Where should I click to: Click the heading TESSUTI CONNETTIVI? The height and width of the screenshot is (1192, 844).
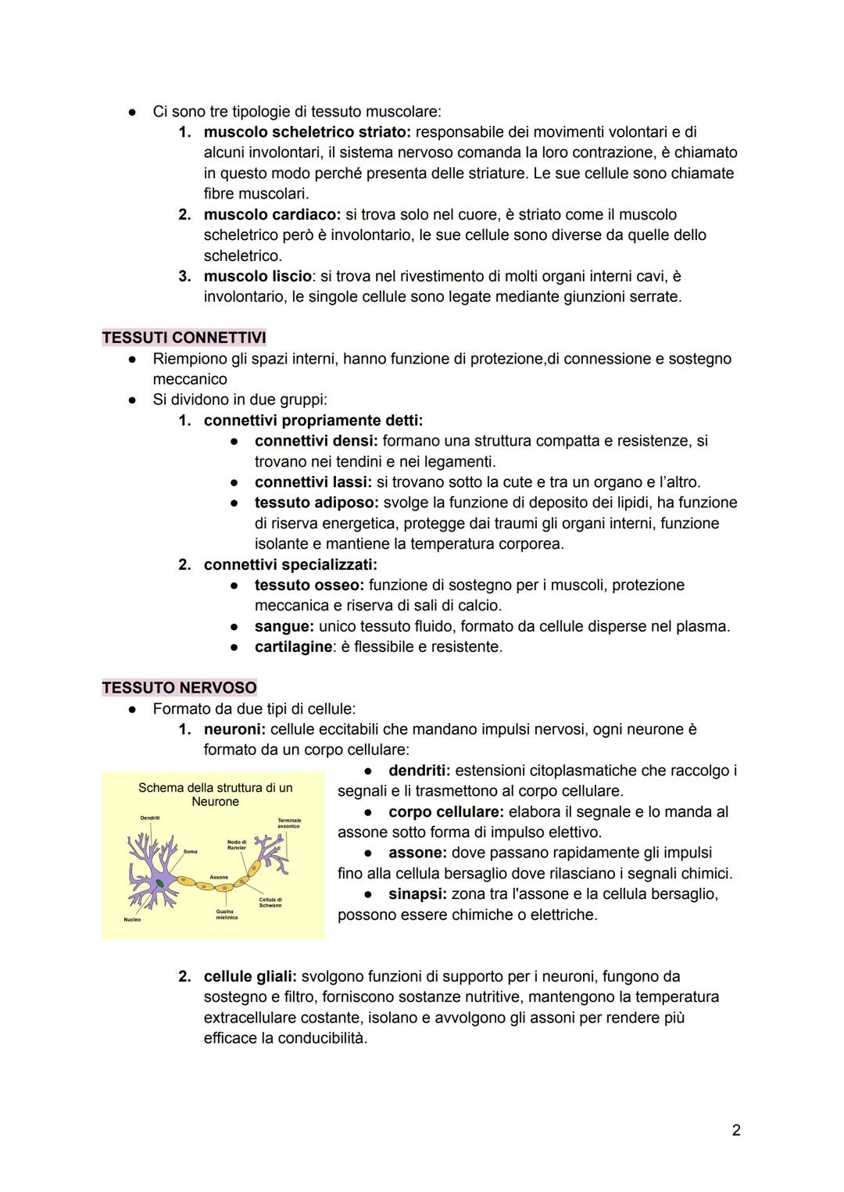point(184,338)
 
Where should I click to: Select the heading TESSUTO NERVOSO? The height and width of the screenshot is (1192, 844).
point(179,688)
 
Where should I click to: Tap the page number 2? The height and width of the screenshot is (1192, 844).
point(736,1129)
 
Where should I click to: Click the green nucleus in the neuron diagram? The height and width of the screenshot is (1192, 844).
point(160,882)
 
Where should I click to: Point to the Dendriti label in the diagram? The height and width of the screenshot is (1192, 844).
point(150,818)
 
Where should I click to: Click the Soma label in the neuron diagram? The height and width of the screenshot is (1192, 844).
point(191,851)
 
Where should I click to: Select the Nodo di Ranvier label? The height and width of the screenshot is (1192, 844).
point(236,844)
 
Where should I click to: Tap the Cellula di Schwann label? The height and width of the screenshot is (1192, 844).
point(270,902)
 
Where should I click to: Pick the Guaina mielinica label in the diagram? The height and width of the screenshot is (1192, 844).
point(227,914)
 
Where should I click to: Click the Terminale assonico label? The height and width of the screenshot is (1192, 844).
point(288,823)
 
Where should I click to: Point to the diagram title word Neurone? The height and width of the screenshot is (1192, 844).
point(215,802)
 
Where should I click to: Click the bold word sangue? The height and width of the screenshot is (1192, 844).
point(283,626)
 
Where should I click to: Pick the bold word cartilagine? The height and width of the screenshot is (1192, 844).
point(293,646)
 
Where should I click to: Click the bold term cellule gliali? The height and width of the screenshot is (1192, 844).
point(249,976)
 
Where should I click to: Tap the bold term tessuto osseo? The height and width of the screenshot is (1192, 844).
point(309,585)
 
